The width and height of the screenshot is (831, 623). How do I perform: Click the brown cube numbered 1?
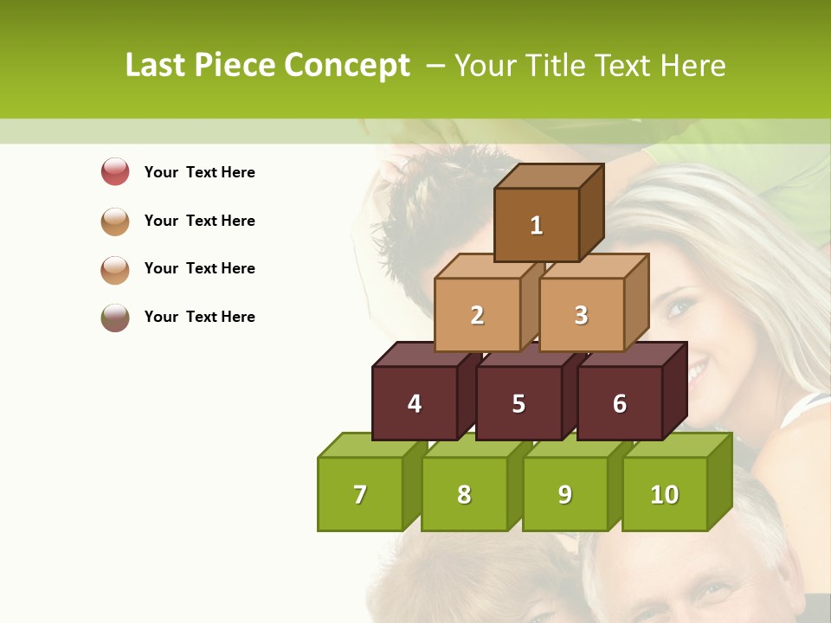537,225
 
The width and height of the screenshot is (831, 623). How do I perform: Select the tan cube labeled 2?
477,315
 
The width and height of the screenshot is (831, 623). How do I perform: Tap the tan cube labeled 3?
581,315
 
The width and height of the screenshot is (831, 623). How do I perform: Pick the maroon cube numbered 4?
415,403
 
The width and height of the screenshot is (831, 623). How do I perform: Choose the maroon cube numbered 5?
519,403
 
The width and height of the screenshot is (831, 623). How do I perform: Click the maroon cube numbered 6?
620,403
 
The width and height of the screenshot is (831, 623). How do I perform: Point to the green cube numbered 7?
360,494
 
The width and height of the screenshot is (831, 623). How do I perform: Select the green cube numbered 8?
464,494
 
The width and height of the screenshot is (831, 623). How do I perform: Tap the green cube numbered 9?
564,494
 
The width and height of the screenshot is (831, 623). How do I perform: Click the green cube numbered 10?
664,494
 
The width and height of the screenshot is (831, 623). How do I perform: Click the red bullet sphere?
115,171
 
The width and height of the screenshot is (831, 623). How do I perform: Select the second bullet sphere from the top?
115,221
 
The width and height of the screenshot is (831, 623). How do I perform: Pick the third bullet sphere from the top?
115,269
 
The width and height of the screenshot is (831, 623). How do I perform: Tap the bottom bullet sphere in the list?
115,318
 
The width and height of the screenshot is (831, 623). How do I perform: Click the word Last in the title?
156,66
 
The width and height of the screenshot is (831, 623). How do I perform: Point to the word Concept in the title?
348,66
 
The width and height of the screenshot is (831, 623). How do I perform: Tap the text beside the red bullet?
199,172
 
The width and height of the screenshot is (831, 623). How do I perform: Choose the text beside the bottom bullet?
199,317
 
